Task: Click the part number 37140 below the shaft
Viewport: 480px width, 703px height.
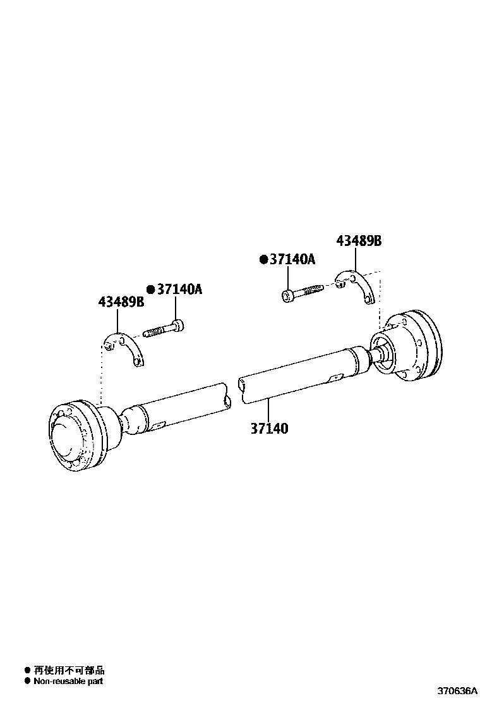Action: [269, 429]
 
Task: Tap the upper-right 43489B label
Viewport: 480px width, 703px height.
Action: [359, 241]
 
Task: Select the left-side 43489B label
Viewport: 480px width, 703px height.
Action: [121, 302]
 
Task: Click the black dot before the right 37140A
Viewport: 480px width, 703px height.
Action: [264, 260]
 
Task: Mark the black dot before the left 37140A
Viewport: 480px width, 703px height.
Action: [151, 290]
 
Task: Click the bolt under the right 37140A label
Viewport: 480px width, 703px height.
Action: [303, 291]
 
